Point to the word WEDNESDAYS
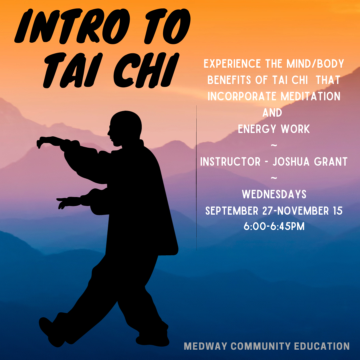[274, 194]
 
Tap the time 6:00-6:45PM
[274, 227]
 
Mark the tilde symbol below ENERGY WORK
[274, 145]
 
